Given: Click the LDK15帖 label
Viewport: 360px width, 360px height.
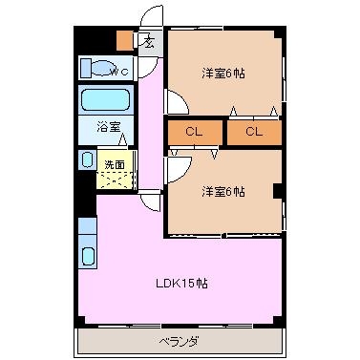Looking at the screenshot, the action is point(181,283).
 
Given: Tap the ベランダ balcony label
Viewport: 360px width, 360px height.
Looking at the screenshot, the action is point(179,342).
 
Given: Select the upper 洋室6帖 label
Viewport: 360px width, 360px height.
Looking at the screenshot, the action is point(223,74).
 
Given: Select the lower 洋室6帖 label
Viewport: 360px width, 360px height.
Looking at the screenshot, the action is point(223,192).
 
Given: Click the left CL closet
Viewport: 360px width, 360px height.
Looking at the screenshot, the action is point(194,132).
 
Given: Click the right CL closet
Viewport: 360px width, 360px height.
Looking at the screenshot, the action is point(254,132).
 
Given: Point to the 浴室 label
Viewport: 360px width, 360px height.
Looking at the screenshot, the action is point(109,127).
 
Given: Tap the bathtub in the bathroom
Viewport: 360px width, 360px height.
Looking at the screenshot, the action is point(105,99).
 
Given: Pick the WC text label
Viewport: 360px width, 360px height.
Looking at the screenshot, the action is point(119,72).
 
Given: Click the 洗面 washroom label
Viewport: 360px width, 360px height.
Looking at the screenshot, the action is point(115,164).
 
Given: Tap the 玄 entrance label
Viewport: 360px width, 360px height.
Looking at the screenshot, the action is point(148,42).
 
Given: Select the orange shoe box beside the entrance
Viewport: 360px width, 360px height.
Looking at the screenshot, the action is point(125,40).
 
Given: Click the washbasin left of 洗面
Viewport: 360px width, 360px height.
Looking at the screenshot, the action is point(87,160).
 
